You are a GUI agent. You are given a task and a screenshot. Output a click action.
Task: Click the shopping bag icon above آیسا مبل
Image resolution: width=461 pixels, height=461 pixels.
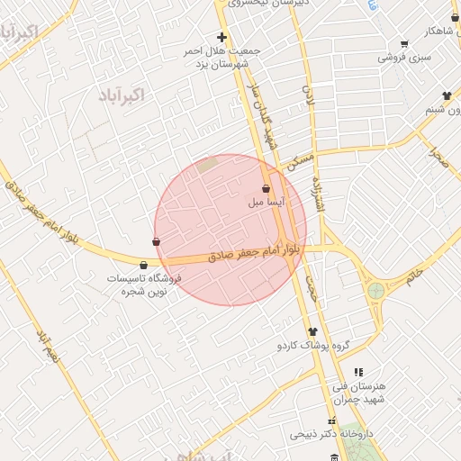[266, 189]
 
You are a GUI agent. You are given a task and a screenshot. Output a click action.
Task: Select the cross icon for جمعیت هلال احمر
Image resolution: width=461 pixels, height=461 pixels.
[221, 37]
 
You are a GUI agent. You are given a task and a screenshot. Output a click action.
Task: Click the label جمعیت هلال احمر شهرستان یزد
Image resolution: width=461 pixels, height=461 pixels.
[221, 57]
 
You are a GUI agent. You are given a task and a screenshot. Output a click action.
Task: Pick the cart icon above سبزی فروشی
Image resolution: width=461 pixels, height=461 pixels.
[404, 42]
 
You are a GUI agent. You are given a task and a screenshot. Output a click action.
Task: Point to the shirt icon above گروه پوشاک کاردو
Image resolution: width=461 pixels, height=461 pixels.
[312, 331]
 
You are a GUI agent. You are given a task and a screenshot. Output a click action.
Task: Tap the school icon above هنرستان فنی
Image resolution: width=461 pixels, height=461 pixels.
[358, 371]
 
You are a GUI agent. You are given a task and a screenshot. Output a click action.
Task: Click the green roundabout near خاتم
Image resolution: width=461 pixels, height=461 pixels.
[375, 291]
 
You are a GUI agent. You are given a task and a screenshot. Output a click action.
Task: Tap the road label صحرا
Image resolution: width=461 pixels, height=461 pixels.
[438, 158]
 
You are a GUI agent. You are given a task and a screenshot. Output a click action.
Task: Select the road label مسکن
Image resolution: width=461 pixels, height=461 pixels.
[299, 161]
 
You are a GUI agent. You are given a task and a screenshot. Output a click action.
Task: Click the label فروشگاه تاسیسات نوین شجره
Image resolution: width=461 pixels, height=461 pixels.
[144, 285]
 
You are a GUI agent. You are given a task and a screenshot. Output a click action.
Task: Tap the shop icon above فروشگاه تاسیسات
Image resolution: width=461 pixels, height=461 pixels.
[144, 265]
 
